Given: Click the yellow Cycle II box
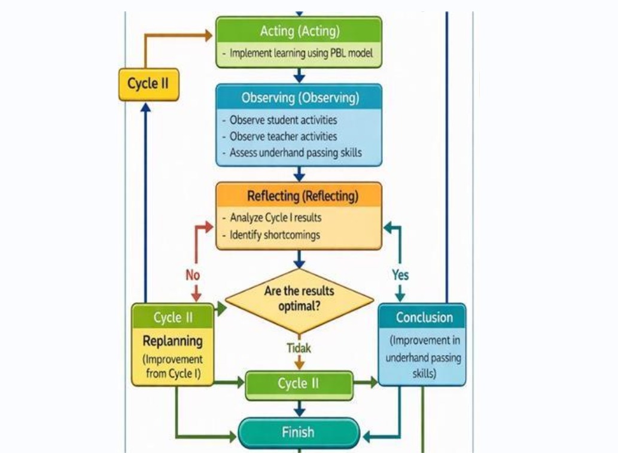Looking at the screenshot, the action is [x=148, y=84].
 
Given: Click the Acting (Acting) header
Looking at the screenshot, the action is [x=299, y=30].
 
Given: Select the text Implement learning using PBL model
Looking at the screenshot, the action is [x=301, y=53].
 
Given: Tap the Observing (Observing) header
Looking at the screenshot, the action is [x=299, y=97].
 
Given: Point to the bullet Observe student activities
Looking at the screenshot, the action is [x=283, y=120].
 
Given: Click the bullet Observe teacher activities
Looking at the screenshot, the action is [x=283, y=136].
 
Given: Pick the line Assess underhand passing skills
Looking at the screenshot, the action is [x=296, y=153].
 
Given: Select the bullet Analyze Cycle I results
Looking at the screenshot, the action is [x=276, y=217].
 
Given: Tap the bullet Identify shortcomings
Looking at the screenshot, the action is [x=275, y=235].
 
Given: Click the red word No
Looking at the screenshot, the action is [x=193, y=275].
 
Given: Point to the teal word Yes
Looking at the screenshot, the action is [x=400, y=275].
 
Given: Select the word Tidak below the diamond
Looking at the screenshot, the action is [x=299, y=348].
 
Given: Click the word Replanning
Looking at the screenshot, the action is [x=173, y=341].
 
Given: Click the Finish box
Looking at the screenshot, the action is [x=299, y=432].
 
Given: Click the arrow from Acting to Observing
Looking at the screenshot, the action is [x=299, y=75].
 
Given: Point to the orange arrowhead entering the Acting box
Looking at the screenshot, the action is [x=209, y=35].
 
